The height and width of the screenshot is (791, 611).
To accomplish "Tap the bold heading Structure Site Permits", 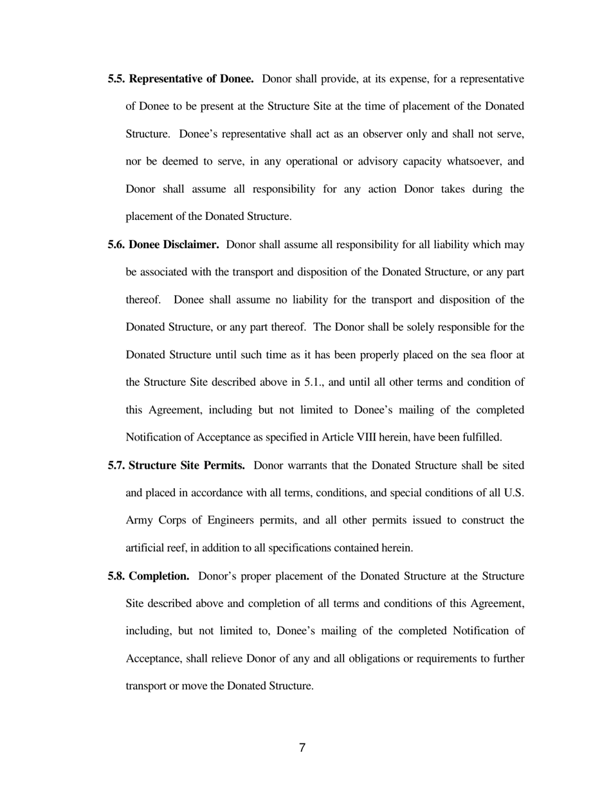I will (x=187, y=466).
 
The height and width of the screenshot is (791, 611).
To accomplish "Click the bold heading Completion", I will (x=159, y=576).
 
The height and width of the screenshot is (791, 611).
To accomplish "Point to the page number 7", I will (x=302, y=748).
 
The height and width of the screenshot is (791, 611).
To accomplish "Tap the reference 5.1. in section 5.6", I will (x=313, y=383).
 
